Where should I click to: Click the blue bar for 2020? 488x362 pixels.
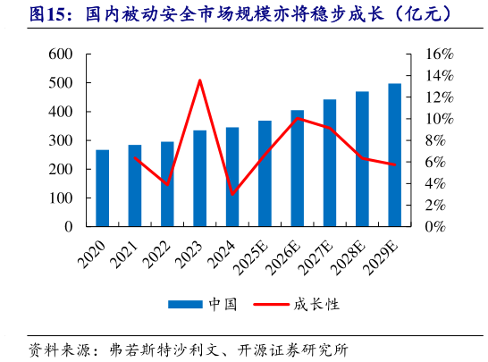[103, 189]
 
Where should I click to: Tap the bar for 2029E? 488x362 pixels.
[394, 156]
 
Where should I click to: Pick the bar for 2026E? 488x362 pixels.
[297, 169]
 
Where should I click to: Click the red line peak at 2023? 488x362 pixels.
[199, 80]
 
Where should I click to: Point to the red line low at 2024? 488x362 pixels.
[232, 194]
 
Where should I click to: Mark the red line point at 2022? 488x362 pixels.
[167, 184]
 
